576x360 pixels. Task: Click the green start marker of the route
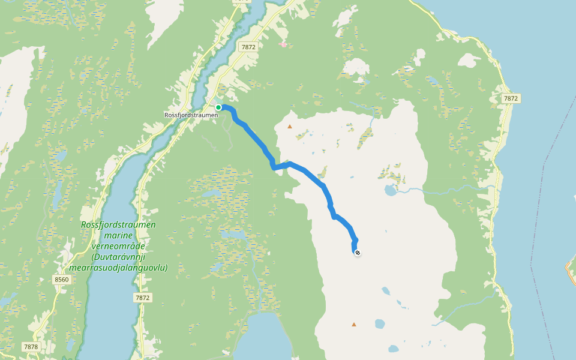219,107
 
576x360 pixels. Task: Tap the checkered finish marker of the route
358,253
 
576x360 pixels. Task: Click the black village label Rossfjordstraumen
191,115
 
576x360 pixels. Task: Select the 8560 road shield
62,280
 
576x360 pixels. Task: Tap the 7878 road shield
31,347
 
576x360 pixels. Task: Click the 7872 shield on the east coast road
511,98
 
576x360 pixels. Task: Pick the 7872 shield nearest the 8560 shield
142,298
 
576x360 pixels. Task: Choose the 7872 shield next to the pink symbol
247,46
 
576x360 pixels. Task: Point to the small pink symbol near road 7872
283,44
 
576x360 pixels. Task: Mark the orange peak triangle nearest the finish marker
354,325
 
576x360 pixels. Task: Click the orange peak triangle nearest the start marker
290,127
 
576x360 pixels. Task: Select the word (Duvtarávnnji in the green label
119,257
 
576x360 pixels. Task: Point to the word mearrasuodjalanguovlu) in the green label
118,268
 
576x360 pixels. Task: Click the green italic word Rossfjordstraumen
119,224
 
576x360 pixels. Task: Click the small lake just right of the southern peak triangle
379,324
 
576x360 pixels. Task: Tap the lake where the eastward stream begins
391,191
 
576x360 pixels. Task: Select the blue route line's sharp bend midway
274,167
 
